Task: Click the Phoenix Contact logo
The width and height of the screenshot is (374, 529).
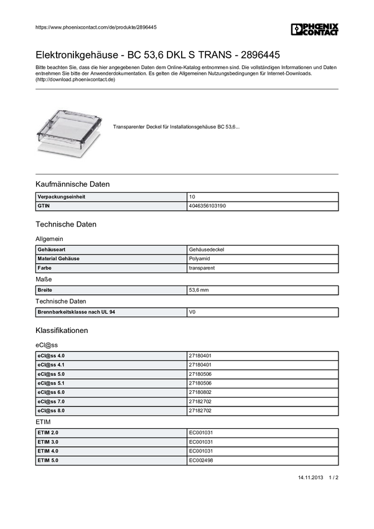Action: (315, 29)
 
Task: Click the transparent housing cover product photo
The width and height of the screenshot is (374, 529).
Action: (69, 127)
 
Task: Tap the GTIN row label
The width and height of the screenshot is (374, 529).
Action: (44, 206)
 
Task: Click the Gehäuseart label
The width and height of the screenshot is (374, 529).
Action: (51, 250)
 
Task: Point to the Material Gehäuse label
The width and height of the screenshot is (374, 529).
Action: (58, 259)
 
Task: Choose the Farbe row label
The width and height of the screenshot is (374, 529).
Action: (45, 268)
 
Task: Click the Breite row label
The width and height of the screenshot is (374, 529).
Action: (45, 290)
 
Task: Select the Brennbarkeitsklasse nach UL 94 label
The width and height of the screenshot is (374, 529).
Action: (77, 312)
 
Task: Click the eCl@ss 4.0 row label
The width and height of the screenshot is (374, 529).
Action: (51, 355)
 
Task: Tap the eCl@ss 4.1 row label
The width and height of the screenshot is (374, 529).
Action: (51, 365)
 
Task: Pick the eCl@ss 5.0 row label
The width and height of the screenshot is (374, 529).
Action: (51, 374)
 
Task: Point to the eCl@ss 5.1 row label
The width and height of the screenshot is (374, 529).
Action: (51, 383)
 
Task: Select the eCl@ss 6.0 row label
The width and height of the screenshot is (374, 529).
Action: (51, 393)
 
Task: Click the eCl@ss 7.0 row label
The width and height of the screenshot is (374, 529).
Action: (51, 402)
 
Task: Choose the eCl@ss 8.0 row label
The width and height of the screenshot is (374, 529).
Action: (51, 411)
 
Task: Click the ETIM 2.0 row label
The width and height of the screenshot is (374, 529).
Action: (48, 433)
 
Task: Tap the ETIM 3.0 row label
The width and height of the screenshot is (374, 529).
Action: (48, 442)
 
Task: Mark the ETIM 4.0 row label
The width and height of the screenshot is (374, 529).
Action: (48, 451)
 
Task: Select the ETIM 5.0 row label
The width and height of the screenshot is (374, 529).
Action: (48, 461)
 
